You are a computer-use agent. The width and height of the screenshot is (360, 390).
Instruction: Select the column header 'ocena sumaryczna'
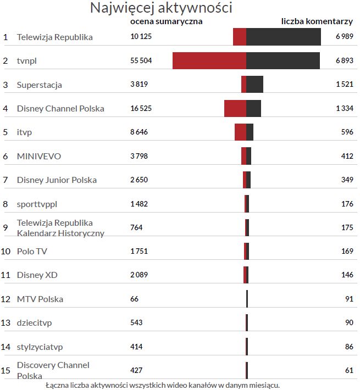166,21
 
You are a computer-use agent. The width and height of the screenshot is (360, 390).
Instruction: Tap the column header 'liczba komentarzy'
317,21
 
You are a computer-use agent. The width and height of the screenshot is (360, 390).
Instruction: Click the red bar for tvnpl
209,60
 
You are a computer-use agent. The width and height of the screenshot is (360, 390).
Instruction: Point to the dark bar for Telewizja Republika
284,37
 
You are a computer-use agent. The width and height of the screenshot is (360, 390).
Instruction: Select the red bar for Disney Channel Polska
235,108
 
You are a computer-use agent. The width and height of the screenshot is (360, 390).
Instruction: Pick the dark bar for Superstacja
254,85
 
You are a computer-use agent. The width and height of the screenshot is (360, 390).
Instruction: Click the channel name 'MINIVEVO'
39,157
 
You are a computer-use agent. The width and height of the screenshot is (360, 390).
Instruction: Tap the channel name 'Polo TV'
32,252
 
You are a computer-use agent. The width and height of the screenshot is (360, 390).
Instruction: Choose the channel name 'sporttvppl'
37,204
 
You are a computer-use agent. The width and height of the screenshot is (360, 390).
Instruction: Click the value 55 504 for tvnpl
141,61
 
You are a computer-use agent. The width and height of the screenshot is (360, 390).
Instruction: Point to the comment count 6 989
344,37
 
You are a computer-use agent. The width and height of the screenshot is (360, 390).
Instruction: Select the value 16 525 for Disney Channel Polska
141,109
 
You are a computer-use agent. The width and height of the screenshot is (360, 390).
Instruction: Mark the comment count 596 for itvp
347,132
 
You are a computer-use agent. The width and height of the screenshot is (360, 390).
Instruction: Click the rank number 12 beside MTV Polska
6,299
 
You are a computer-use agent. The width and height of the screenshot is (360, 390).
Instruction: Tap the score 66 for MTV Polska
135,299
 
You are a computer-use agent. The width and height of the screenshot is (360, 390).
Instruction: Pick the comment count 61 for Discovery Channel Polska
349,371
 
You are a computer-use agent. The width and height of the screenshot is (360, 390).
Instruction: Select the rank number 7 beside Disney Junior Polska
5,180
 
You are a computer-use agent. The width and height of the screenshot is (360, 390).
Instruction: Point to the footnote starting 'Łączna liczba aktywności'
163,385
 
